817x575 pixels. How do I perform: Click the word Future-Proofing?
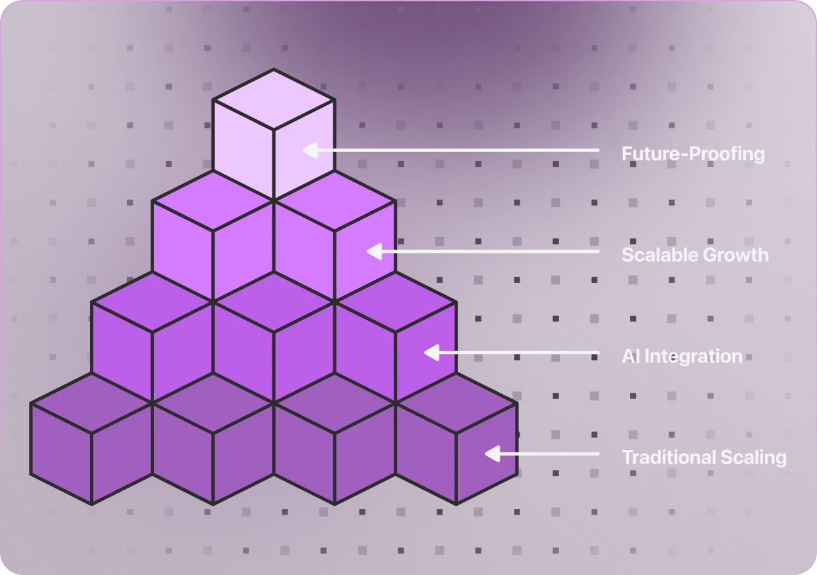point(693,154)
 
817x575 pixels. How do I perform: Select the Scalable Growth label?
point(695,255)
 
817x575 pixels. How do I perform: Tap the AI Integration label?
point(681,356)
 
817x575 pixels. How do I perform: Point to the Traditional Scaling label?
point(704,458)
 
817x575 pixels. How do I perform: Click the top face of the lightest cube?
point(274,99)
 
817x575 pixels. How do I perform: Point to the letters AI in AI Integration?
point(630,356)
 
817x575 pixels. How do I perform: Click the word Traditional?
point(662,458)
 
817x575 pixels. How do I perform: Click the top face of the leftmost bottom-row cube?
point(91,403)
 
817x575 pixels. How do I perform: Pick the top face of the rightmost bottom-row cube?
point(456,403)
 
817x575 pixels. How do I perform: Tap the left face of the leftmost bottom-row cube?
point(61,453)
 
